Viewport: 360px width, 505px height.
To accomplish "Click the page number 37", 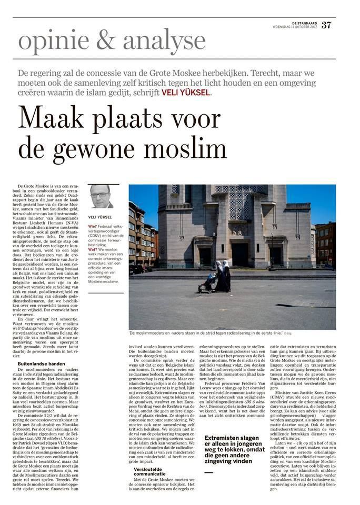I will pos(326,25).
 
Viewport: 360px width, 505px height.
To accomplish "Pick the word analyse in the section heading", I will pos(166,41).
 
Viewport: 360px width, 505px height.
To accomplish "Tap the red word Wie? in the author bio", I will pos(93,227).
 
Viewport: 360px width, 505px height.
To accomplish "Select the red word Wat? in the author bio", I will pos(93,248).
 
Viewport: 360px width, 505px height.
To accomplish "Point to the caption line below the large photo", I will pos(209,334).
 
